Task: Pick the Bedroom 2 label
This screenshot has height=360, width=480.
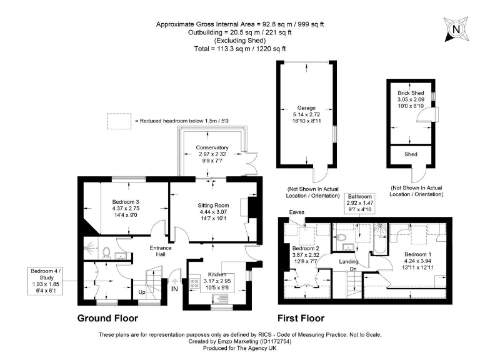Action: (306, 254)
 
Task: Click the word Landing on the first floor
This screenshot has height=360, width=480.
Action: (348, 261)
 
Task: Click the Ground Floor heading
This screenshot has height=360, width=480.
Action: (107, 317)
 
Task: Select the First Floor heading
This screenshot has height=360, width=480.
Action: (306, 317)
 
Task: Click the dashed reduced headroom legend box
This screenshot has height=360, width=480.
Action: (116, 120)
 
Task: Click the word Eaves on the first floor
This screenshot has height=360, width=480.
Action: (296, 212)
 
